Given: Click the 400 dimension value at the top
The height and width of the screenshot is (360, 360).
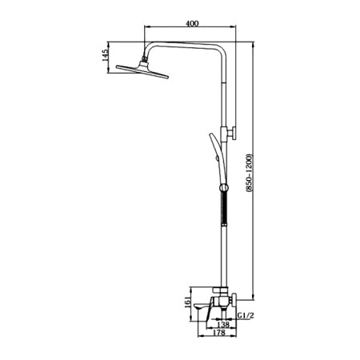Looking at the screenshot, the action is [192, 23].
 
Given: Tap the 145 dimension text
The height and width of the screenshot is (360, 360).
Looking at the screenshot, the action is [106, 55].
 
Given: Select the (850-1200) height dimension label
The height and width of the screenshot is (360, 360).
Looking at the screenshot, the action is [249, 173].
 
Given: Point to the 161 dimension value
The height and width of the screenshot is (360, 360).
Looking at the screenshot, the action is [188, 303].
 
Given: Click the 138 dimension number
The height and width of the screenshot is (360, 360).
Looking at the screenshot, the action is [223, 325].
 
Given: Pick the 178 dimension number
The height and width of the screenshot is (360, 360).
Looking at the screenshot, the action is [219, 333].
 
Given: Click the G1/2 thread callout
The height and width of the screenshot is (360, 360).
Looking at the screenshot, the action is [246, 316].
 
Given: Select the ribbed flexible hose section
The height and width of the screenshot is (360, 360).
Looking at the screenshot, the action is [224, 209].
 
